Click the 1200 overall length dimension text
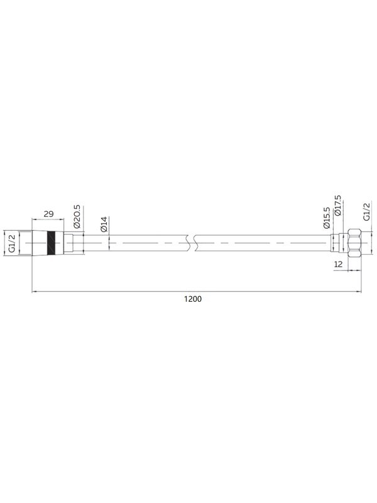193,299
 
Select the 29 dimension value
48,214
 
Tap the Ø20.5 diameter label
77,216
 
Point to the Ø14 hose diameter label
103,224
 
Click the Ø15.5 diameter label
326,218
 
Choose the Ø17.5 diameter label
337,206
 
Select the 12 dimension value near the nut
338,264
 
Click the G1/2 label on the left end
12,243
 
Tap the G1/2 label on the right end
366,211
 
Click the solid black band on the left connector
51,243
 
